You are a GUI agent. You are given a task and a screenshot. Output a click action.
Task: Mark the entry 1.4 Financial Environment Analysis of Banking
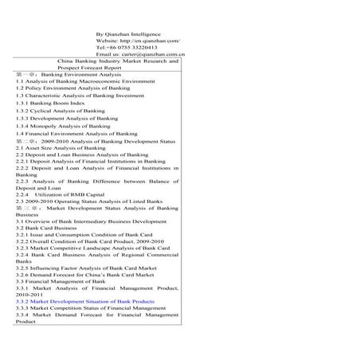tap(76, 134)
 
